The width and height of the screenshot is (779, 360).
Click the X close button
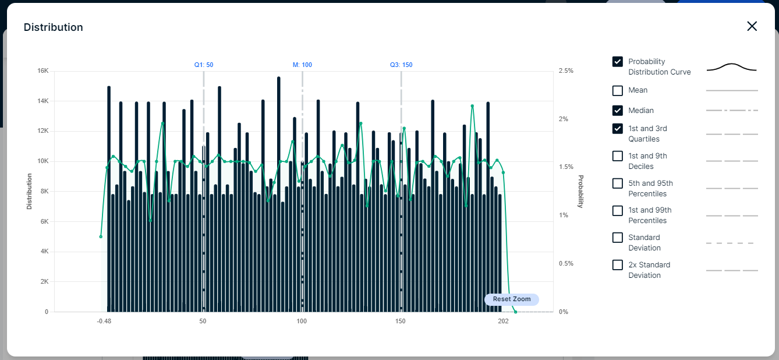[752, 26]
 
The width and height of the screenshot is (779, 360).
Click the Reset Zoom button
[512, 299]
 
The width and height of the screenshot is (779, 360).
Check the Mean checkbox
[618, 91]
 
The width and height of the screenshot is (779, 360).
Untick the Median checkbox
[618, 110]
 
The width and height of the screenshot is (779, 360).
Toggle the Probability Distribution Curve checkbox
[618, 62]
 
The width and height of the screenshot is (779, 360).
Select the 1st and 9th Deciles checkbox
[618, 156]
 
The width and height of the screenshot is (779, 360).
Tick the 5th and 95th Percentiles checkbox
[618, 183]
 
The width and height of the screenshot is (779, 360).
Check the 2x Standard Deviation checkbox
[618, 265]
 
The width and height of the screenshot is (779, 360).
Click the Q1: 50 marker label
[204, 65]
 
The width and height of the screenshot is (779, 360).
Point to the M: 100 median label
[302, 65]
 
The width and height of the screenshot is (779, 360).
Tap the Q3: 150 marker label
[401, 65]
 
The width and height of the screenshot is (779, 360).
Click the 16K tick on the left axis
[43, 70]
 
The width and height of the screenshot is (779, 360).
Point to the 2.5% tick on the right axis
[565, 70]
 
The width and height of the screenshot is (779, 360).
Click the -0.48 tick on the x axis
[104, 321]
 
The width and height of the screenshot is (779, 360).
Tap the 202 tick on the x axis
[503, 321]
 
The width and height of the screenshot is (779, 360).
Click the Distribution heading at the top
[53, 27]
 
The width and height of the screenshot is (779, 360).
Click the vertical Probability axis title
[580, 191]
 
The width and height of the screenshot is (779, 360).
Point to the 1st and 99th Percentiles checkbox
[618, 211]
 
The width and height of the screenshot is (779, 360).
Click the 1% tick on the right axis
[562, 215]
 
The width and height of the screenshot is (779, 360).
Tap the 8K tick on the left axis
[44, 191]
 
